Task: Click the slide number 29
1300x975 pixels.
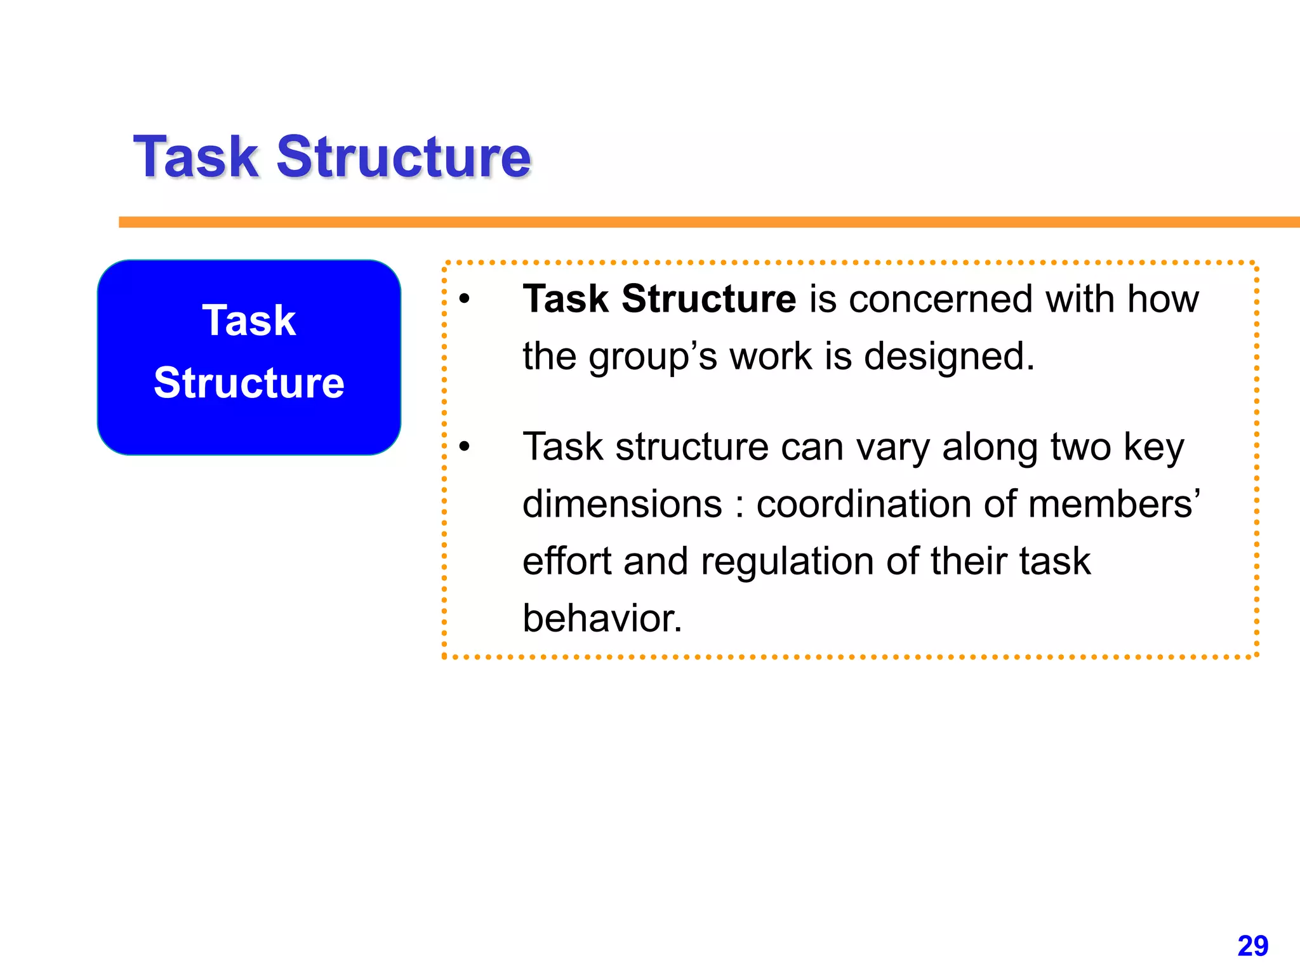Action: [x=1252, y=946]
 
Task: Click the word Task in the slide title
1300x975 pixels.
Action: [x=197, y=157]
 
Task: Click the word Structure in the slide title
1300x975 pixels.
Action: [x=404, y=157]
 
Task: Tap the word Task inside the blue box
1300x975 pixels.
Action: [x=249, y=321]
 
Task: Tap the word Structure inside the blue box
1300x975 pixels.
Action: [x=249, y=383]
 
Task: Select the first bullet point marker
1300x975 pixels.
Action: [x=465, y=299]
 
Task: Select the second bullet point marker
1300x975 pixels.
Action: [x=465, y=447]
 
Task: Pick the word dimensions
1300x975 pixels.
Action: [x=622, y=505]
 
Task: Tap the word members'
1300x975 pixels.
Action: [x=1114, y=505]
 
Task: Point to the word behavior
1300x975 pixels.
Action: [x=602, y=619]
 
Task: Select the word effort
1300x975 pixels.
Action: [x=567, y=562]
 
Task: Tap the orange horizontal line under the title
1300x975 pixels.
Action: [x=698, y=222]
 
